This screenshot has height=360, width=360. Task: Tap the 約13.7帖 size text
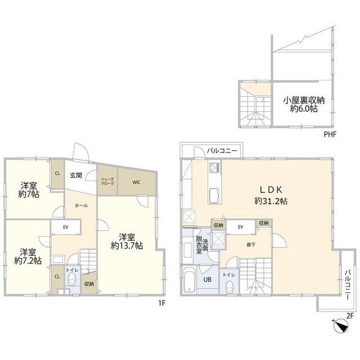pyautogui.click(x=127, y=246)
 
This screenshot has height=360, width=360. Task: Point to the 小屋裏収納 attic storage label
pyautogui.click(x=304, y=100)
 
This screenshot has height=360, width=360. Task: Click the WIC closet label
pyautogui.click(x=137, y=182)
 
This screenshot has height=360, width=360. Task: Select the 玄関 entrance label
pyautogui.click(x=76, y=175)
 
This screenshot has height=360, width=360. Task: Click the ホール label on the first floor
pyautogui.click(x=81, y=206)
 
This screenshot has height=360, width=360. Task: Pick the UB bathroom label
pyautogui.click(x=206, y=280)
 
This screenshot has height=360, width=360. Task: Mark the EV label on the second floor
pyautogui.click(x=240, y=227)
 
